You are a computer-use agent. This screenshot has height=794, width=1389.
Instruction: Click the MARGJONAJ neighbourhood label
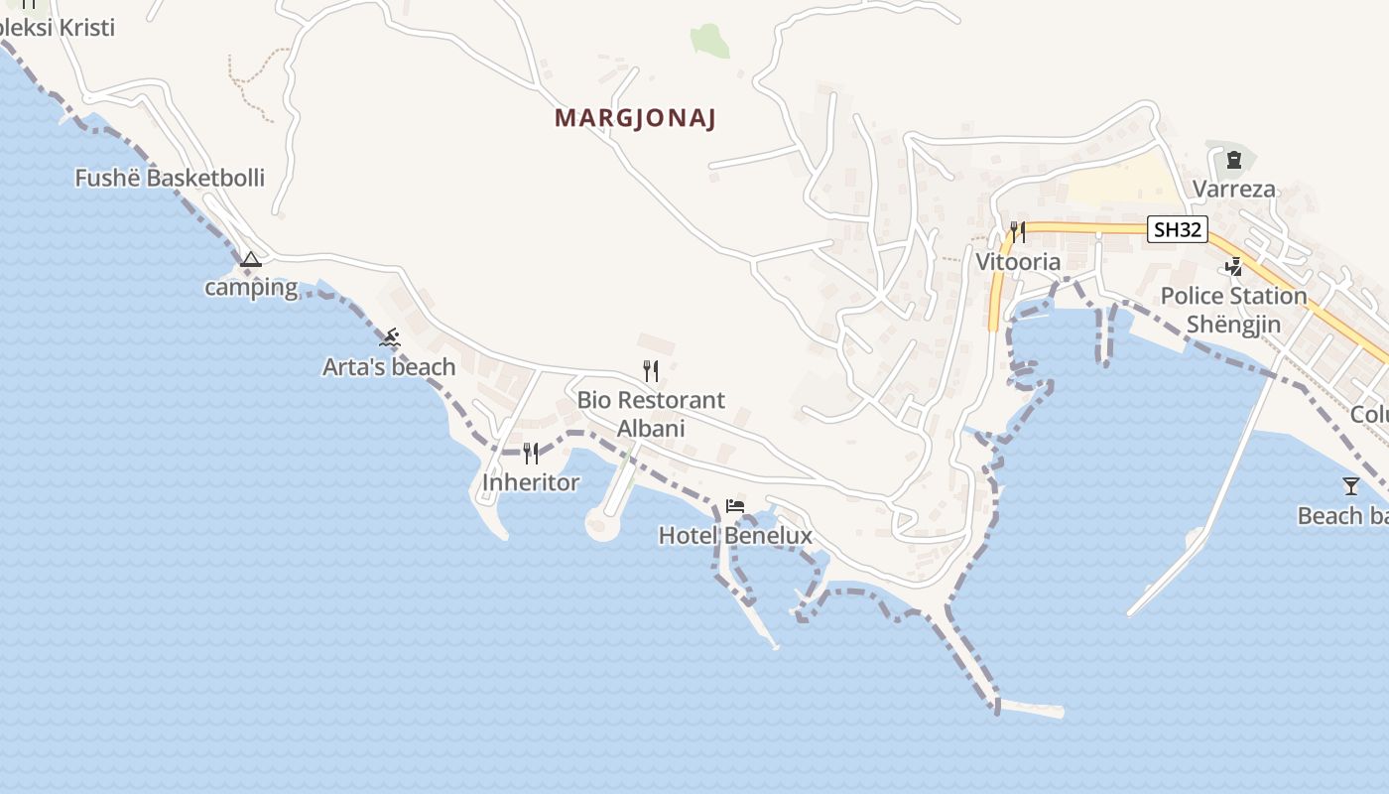point(635,118)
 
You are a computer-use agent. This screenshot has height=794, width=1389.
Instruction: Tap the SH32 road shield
point(1178,230)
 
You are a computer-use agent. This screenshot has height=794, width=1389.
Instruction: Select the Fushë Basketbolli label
point(170,179)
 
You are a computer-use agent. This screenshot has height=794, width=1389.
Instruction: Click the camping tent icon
point(251,260)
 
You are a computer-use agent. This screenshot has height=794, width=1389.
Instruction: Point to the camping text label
point(251,288)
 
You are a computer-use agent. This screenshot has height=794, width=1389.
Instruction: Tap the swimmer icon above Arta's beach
point(390,338)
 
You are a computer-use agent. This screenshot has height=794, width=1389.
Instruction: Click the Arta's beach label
point(389,367)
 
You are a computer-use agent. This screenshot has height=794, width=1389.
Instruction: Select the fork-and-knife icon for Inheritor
point(531,454)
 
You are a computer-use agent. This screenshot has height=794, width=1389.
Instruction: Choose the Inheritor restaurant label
point(531,482)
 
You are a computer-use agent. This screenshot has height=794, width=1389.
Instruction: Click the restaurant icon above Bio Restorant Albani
point(651,371)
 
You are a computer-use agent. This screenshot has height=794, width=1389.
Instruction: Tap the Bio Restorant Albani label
point(651,414)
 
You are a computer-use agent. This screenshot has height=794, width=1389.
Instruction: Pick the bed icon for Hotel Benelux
point(735,506)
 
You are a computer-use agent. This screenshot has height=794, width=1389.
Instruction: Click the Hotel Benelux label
point(735,536)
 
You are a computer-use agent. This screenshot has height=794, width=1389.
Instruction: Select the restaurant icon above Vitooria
point(1018,232)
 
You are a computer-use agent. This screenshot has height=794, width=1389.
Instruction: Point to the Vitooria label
point(1018,262)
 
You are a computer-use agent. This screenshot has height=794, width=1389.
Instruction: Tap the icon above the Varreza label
point(1234,159)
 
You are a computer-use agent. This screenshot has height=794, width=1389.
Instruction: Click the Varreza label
point(1234,189)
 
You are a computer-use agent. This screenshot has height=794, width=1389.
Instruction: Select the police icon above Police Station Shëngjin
point(1234,266)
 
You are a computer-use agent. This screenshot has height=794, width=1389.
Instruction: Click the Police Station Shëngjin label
point(1234,310)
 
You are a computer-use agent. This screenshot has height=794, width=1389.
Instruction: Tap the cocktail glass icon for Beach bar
point(1351,486)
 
